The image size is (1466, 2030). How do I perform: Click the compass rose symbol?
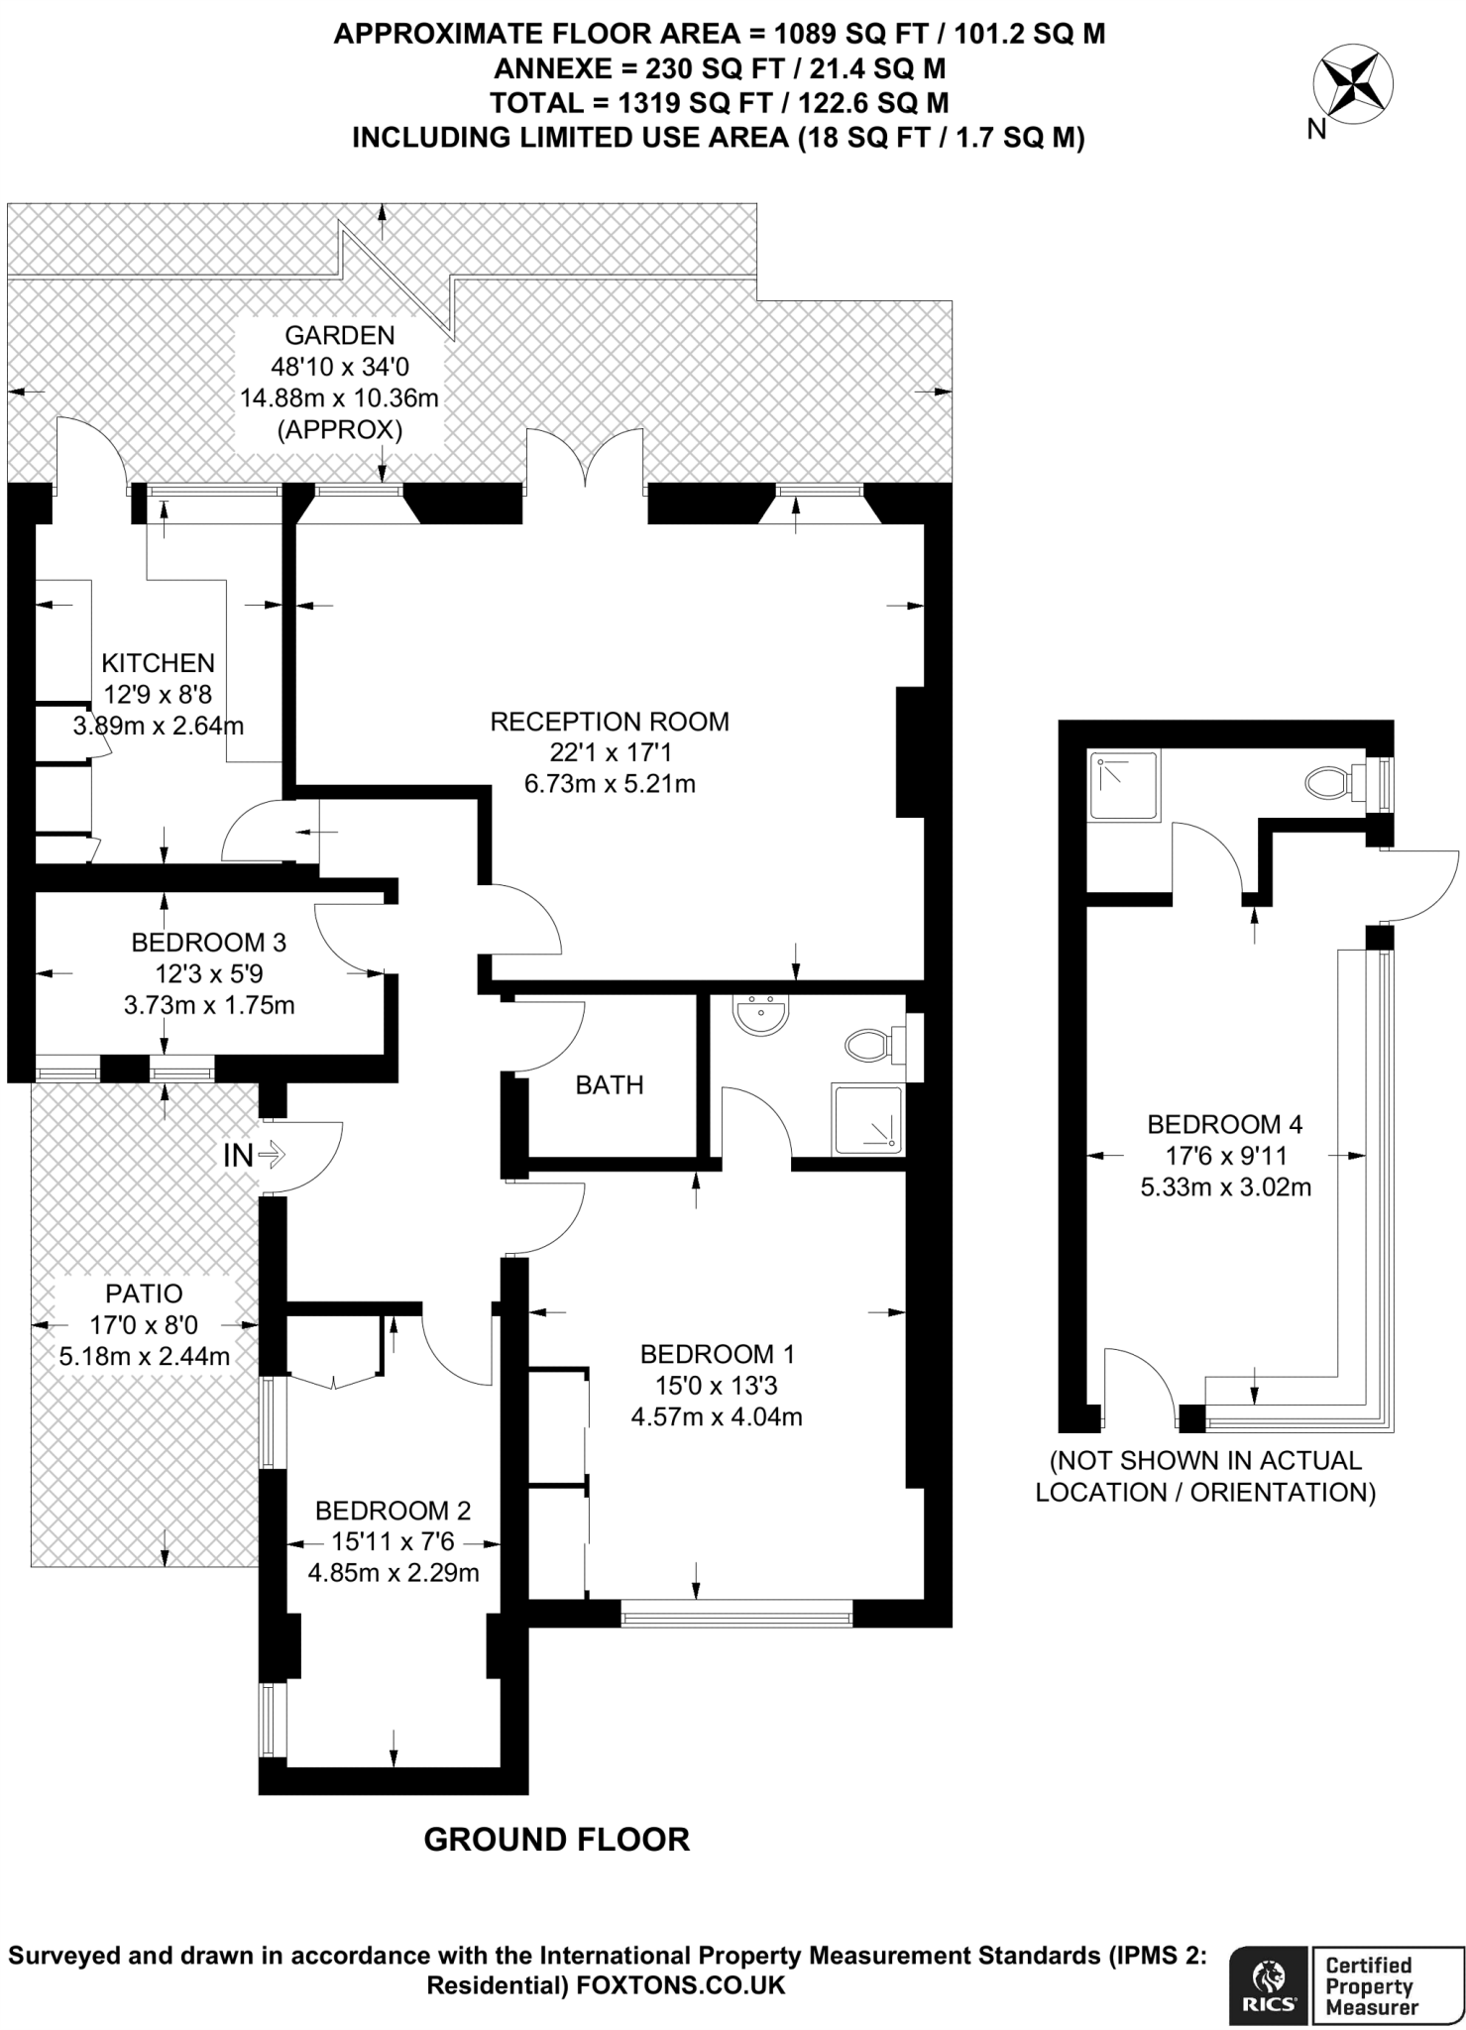coord(1353,85)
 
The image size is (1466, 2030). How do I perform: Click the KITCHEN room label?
coord(159,662)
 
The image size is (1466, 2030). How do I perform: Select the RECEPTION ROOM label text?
coord(610,722)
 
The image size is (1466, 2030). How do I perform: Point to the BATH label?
coord(610,1084)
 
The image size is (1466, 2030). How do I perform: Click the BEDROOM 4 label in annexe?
coord(1225,1124)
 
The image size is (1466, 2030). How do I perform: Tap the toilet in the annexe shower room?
coord(1330,783)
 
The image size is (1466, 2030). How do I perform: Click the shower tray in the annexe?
coord(1124,786)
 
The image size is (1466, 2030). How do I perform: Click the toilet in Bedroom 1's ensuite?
coord(870,1044)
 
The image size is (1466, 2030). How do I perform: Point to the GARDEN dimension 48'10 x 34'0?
coord(340,367)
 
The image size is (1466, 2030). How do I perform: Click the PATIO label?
coord(145,1293)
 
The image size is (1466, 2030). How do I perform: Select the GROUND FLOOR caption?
coord(556,1840)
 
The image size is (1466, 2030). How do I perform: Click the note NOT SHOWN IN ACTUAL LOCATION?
coord(1205,1476)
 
